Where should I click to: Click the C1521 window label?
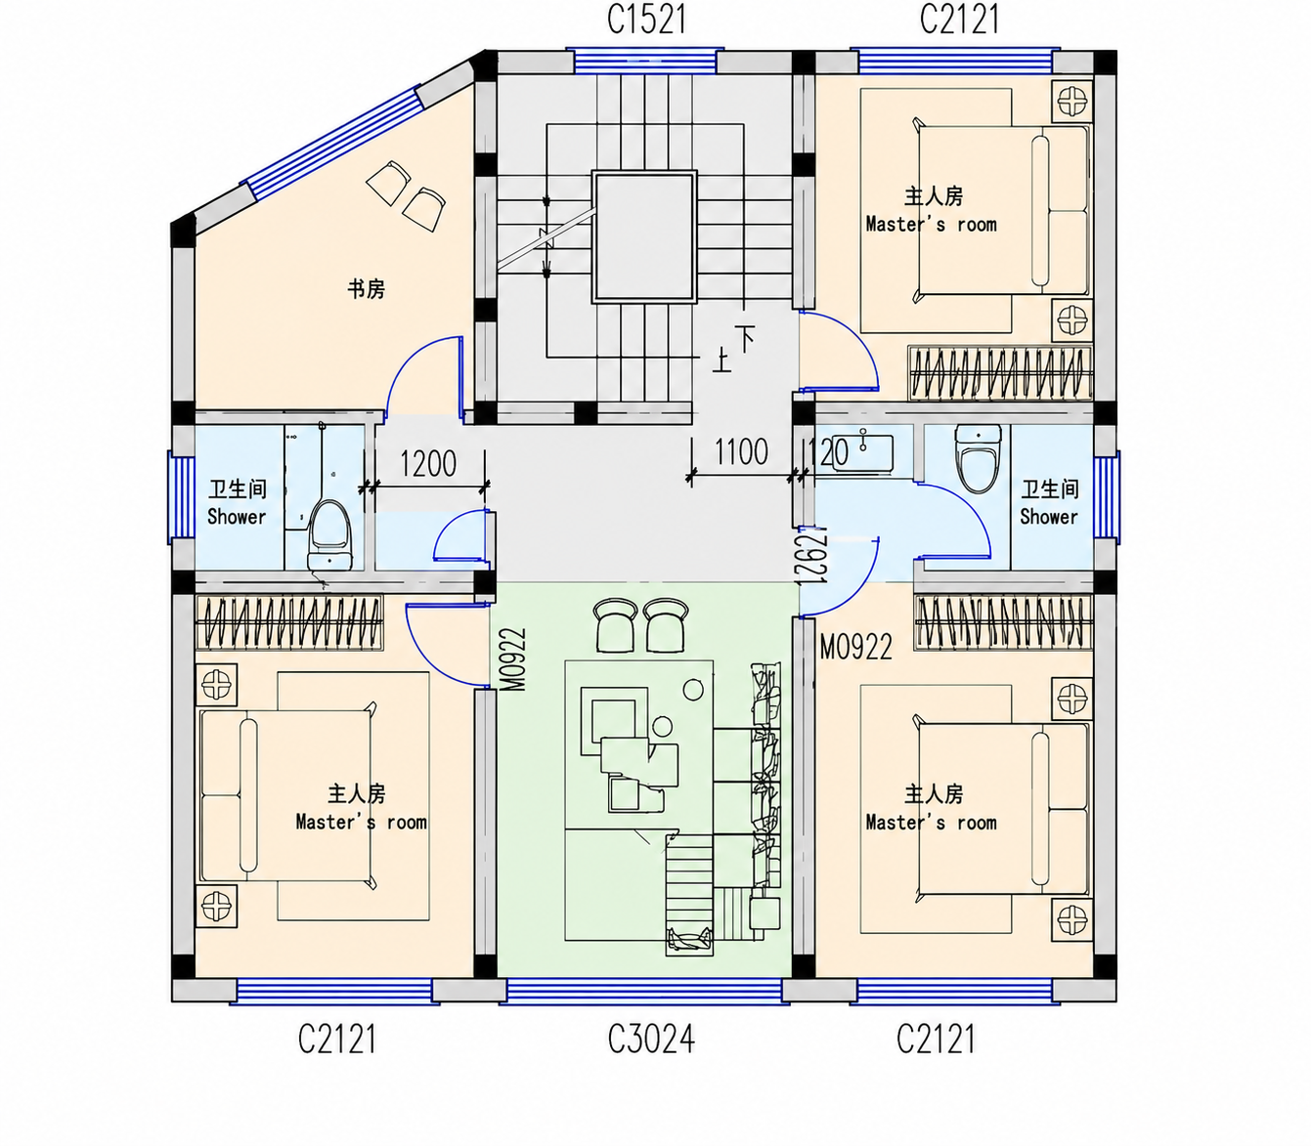pos(646,20)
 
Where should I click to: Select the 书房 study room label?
pos(366,289)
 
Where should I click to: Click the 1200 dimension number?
pos(428,463)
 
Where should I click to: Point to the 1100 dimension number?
pos(741,451)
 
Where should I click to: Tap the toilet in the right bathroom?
pos(978,458)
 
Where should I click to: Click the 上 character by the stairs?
pos(721,360)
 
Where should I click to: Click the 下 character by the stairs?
pos(745,337)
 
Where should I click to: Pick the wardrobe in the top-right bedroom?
pos(999,373)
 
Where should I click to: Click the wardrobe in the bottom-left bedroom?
pos(288,623)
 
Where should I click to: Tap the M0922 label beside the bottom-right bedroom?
pos(855,647)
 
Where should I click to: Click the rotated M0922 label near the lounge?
pos(514,658)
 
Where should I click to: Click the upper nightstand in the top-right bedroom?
pos(1072,102)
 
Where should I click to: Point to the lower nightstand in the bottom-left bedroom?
pos(216,906)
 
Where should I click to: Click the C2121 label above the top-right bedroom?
pos(959,20)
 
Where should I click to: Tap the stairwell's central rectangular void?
pos(644,236)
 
